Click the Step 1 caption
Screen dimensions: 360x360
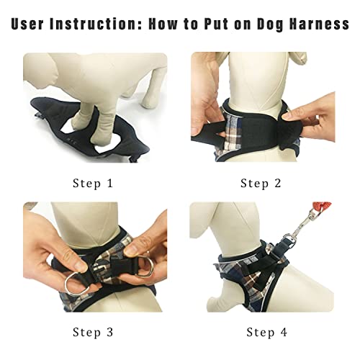(93, 184)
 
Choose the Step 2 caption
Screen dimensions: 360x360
(261, 184)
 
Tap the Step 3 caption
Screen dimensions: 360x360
(93, 332)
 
